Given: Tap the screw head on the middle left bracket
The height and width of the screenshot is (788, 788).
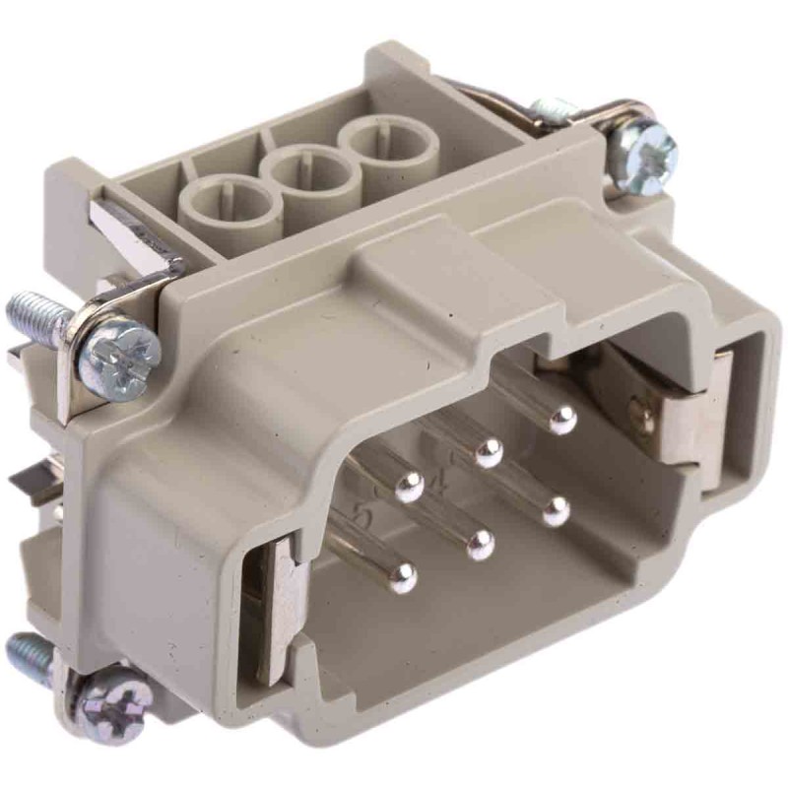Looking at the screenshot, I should pyautogui.click(x=118, y=352).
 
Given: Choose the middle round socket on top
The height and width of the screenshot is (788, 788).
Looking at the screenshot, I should pyautogui.click(x=305, y=174).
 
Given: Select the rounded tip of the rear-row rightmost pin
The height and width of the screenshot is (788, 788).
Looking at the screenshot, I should pyautogui.click(x=562, y=422).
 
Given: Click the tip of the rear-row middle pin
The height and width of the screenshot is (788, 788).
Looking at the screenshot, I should pyautogui.click(x=488, y=453).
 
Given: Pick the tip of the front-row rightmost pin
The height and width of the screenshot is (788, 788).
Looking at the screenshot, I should pyautogui.click(x=557, y=510).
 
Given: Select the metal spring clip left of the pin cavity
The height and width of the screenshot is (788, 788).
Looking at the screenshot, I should pyautogui.click(x=278, y=601).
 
